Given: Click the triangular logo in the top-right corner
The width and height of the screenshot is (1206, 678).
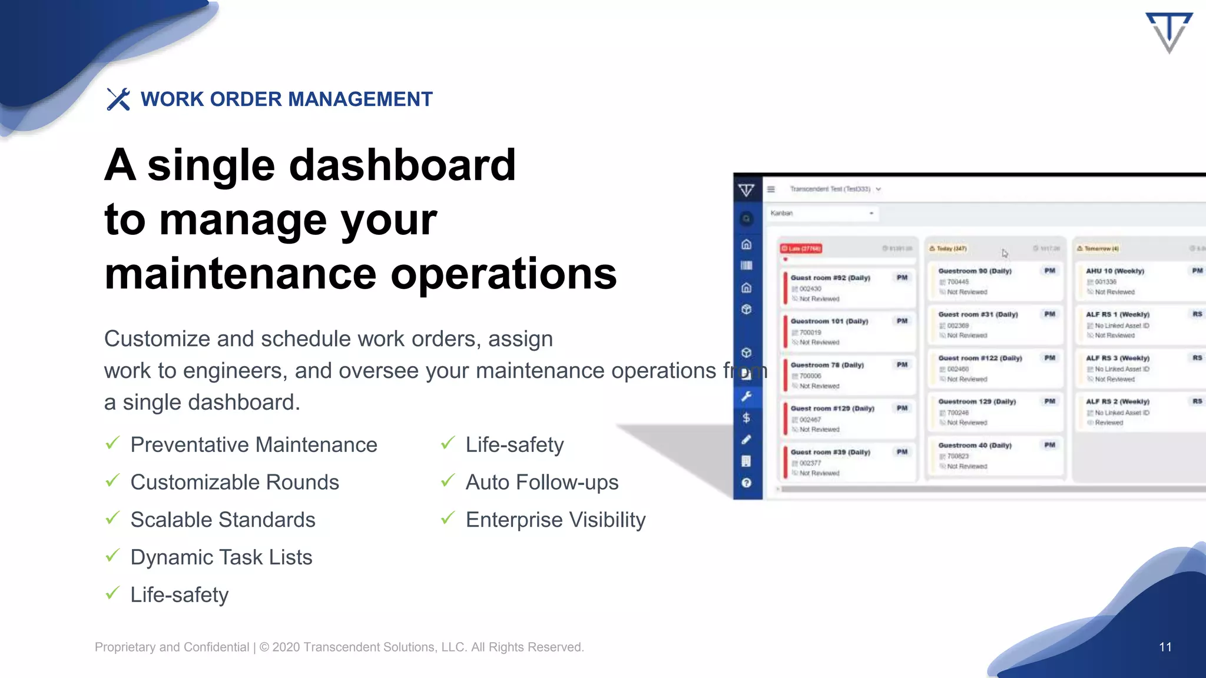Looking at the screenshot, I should pos(1169,32).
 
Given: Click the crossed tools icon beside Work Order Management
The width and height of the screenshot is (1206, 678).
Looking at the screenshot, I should pos(118,99).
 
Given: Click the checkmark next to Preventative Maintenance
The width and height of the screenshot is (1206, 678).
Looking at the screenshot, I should pos(112,443).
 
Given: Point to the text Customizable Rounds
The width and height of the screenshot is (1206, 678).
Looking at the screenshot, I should pos(234,482).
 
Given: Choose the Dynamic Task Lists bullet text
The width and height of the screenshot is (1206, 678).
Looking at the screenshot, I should pos(221,557).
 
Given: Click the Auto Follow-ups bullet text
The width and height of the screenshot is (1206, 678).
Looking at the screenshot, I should pos(542,482).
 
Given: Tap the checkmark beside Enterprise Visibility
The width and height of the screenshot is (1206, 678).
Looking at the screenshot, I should pos(448,518).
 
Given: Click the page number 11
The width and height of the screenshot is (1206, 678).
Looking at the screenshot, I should pos(1165,647).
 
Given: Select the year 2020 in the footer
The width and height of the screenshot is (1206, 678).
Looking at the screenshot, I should pos(286,647).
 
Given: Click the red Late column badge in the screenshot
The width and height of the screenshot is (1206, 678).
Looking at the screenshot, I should pos(801,248).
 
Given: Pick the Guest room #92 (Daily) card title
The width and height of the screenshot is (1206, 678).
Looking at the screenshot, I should pos(830,278).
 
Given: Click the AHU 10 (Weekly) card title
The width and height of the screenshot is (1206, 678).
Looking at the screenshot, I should pos(1115,271).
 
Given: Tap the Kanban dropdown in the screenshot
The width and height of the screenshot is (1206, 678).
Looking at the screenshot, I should pos(821,213).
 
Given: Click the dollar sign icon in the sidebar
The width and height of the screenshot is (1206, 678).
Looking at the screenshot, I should pos(746,418).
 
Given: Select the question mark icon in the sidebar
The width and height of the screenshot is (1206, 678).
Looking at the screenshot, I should pos(746,483).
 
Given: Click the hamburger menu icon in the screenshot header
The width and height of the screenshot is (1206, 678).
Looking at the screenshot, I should pos(771,189).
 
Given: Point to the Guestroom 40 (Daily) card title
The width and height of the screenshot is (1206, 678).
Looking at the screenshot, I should pos(975,446).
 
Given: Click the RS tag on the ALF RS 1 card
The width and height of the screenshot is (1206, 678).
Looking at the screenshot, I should pos(1197,314).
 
